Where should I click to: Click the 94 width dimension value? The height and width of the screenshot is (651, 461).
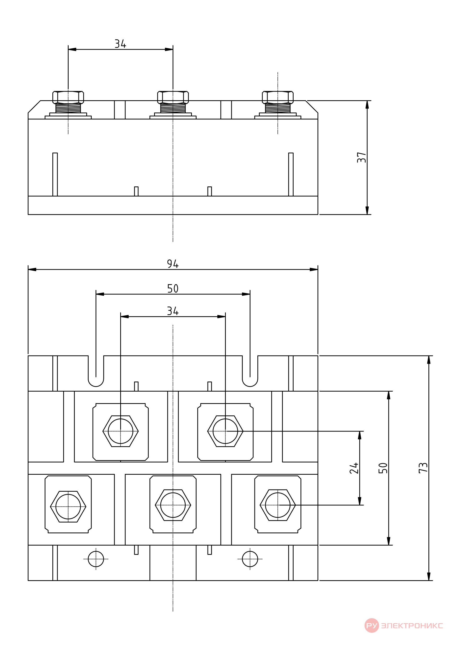[173, 264]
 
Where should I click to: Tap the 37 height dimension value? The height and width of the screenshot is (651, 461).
[361, 157]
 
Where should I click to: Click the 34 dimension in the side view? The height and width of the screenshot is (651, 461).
[120, 44]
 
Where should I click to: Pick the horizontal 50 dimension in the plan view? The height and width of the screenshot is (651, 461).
[173, 289]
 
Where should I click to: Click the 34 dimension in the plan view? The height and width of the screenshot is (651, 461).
[173, 311]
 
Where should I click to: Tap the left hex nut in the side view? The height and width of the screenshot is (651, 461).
[68, 97]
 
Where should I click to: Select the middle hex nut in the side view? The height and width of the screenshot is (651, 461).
[173, 97]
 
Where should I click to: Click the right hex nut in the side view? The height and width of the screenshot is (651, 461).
[278, 97]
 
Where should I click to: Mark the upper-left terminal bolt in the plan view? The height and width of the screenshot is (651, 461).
[121, 431]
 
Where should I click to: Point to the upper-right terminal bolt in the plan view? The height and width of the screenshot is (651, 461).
[225, 431]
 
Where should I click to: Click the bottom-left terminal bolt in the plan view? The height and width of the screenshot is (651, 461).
[68, 506]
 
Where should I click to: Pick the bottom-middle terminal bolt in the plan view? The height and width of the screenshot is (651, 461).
[173, 505]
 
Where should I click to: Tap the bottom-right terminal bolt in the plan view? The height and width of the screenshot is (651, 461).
[278, 505]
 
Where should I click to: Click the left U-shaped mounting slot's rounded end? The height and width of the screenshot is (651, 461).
[96, 386]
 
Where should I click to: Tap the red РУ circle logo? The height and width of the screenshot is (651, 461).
[372, 625]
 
